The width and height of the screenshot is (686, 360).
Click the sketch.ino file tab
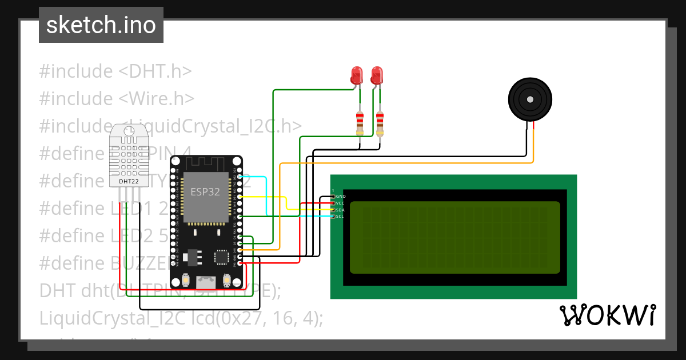(x=101, y=25)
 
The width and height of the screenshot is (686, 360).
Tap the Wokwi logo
(x=607, y=315)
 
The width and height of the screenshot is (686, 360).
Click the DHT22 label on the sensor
(x=128, y=182)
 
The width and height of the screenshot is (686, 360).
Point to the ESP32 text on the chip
(x=205, y=192)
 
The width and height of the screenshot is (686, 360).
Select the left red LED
(x=357, y=75)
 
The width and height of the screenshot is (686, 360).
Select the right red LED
(x=377, y=75)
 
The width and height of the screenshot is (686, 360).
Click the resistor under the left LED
(x=359, y=123)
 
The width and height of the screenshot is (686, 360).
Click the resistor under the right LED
(x=380, y=123)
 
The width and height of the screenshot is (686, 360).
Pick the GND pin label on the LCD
(x=341, y=197)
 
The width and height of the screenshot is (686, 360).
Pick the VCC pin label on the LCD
(x=341, y=203)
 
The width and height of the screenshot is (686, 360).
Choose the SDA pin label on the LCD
(x=341, y=210)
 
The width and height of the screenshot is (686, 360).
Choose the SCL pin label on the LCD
(x=341, y=217)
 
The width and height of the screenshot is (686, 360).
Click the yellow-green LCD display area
(x=454, y=237)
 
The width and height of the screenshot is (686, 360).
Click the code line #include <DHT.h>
(x=115, y=71)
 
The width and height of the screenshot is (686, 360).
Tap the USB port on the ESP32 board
(x=205, y=282)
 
